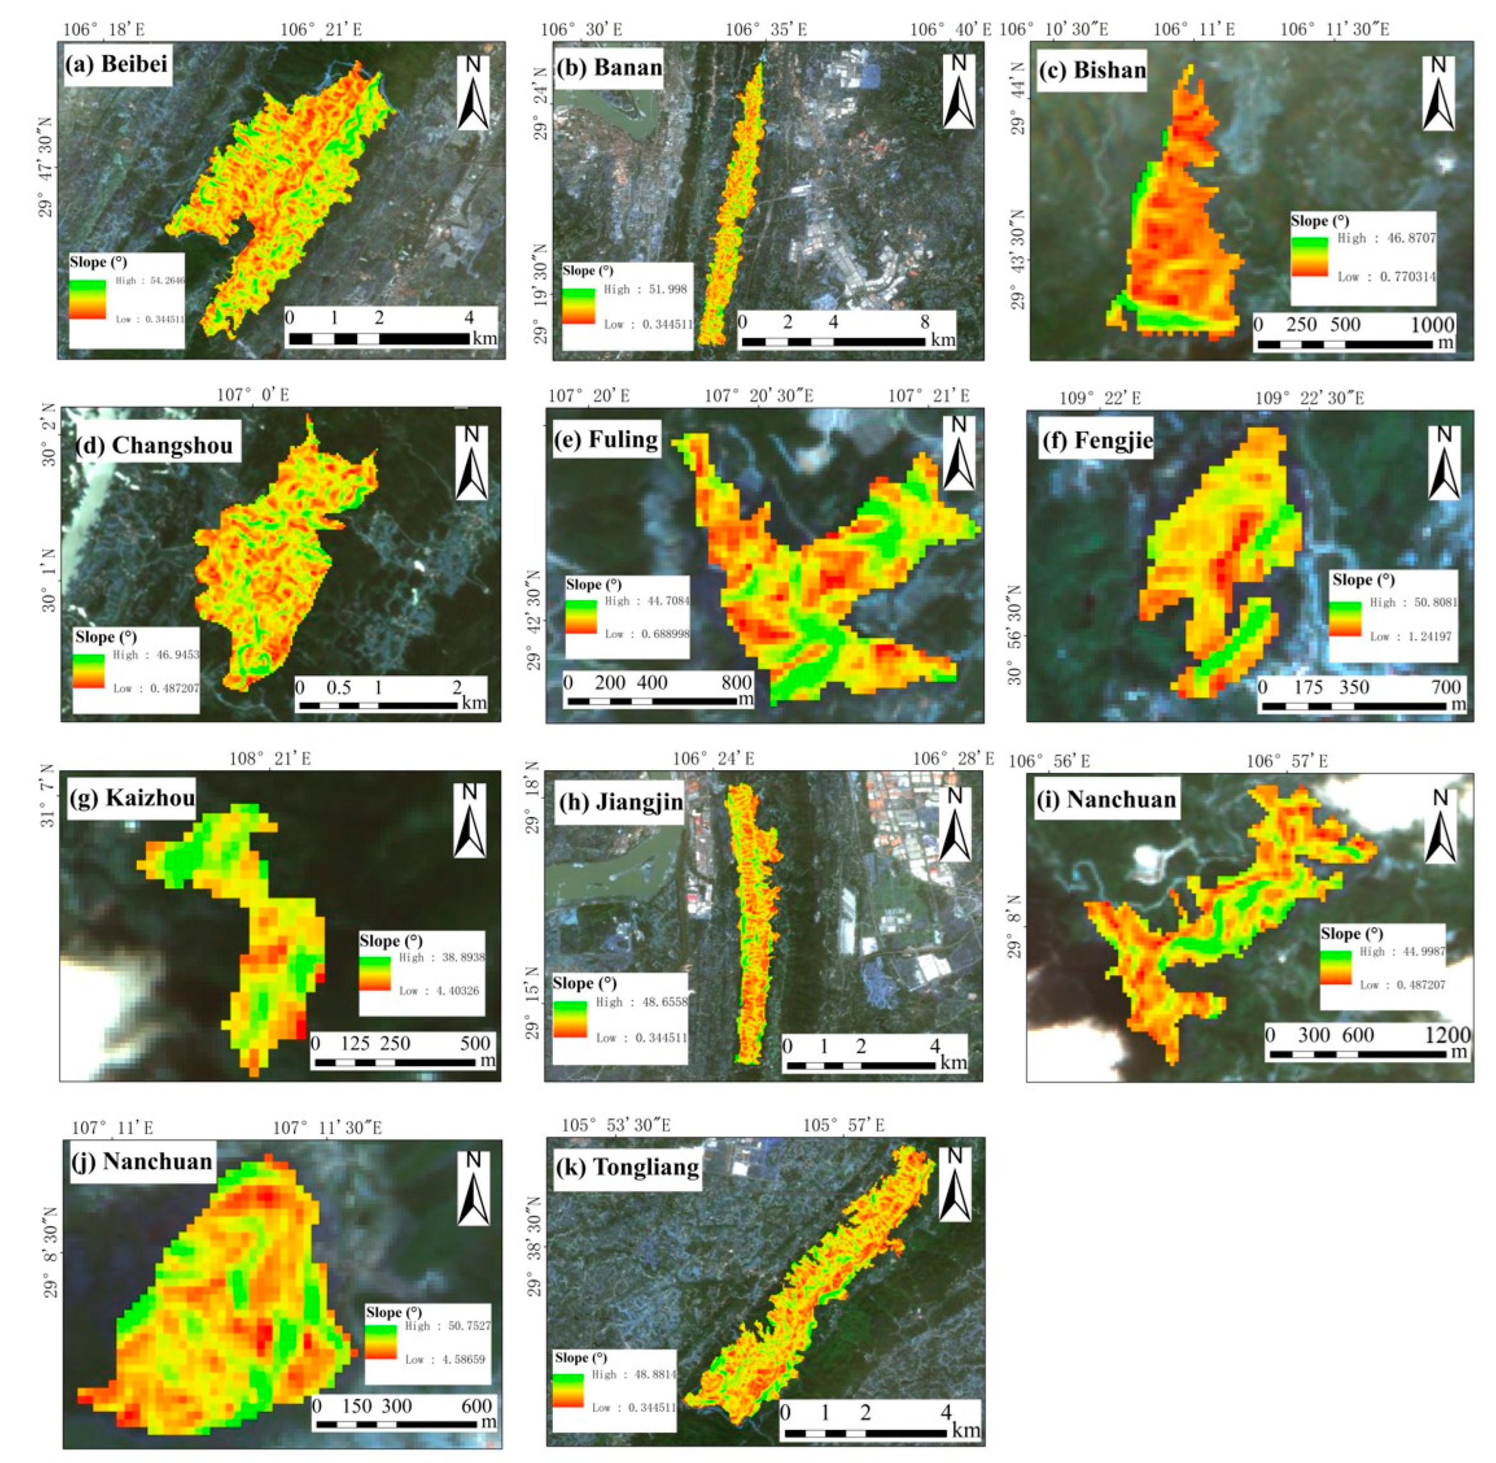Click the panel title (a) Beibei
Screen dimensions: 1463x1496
point(116,64)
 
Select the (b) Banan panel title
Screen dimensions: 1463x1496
point(609,68)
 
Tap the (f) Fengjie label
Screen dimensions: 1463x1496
point(1096,441)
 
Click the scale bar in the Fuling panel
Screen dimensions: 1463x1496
point(659,701)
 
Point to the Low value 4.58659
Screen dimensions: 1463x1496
point(456,1359)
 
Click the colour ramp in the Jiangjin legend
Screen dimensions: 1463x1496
point(569,1019)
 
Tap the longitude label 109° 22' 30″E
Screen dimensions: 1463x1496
point(1309,398)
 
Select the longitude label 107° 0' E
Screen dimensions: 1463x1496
point(253,395)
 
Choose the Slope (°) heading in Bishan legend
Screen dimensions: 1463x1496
point(1319,221)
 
